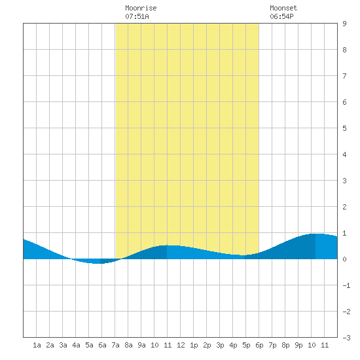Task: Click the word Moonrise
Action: click(x=141, y=8)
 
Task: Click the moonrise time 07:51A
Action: click(x=137, y=16)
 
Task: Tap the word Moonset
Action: click(x=283, y=8)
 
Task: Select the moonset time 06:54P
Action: click(x=281, y=16)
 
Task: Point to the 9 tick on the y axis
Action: click(x=344, y=24)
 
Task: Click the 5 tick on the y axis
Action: click(x=344, y=128)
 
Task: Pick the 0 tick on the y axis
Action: click(x=344, y=259)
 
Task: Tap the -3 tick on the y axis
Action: click(x=346, y=338)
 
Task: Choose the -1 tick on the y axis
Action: click(x=346, y=285)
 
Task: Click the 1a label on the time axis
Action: click(x=37, y=345)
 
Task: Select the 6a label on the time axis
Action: click(x=102, y=345)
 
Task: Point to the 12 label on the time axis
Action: click(x=181, y=345)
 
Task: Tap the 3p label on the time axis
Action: click(x=220, y=345)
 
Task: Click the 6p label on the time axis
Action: click(x=259, y=345)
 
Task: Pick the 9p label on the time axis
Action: click(x=298, y=345)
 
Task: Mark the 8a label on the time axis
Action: click(x=128, y=345)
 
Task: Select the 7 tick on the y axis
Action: click(x=344, y=76)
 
